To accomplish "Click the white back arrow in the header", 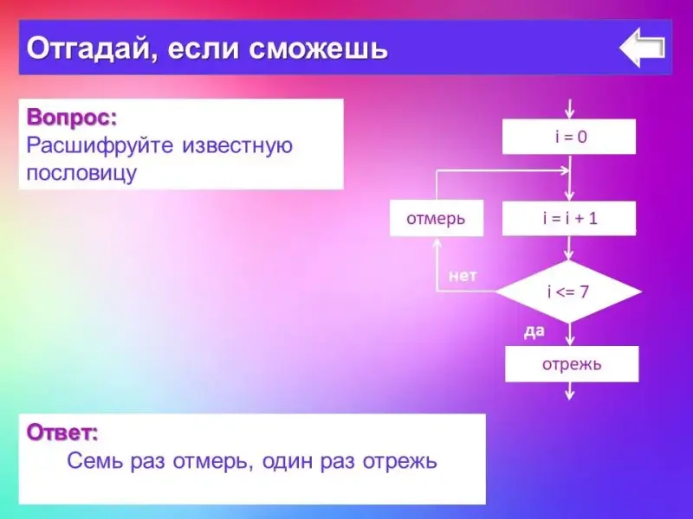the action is tap(642, 48).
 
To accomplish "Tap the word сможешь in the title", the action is tap(318, 48).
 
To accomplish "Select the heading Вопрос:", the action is tap(72, 118).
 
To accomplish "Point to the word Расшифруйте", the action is tap(100, 145).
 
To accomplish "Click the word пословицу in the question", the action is tap(81, 172).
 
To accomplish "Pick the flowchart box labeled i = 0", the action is tap(569, 137).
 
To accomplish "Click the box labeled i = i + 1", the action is tap(569, 218).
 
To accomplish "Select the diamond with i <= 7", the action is tap(569, 292).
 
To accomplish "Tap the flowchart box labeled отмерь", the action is tap(437, 218).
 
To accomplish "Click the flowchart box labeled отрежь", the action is tap(572, 364).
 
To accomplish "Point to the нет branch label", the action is tap(463, 276).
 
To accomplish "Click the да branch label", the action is tap(534, 331).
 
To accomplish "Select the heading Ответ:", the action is tap(62, 432).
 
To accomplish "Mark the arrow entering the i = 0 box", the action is tap(570, 109).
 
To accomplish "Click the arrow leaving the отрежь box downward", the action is tap(570, 391).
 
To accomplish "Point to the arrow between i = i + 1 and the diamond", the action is tap(569, 248).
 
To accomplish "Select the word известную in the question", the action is tap(237, 145).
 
